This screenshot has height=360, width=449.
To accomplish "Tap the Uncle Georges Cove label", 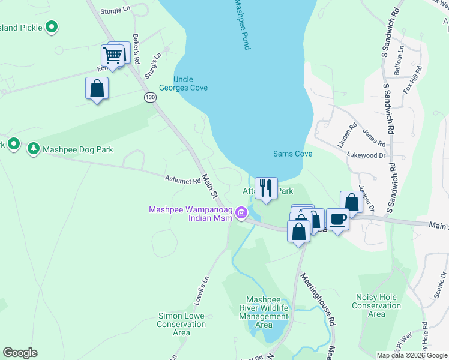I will [x=190, y=83].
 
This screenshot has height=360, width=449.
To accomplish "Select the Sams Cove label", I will [x=292, y=154].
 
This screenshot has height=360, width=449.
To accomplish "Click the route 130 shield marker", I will [x=150, y=97].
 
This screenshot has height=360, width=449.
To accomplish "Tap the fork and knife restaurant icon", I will [x=266, y=188].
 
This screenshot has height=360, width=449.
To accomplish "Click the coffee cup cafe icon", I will [x=337, y=219].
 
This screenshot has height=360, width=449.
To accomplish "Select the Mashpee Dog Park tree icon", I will [x=34, y=148].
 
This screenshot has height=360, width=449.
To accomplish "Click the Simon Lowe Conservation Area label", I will [x=182, y=324].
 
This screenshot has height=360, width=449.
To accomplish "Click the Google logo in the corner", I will [x=20, y=353].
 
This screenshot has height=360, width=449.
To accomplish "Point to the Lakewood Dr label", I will [x=366, y=155].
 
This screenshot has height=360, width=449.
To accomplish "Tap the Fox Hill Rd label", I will [x=412, y=79].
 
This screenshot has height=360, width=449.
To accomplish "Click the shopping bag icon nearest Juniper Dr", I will [x=351, y=202].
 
